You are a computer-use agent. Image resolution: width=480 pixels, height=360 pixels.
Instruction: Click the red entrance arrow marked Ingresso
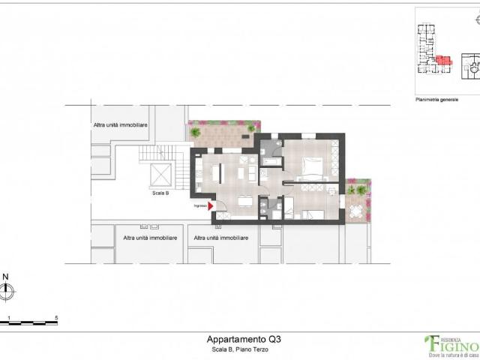click(211, 205)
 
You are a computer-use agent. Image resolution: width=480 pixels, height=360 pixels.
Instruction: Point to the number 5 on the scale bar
click(57, 318)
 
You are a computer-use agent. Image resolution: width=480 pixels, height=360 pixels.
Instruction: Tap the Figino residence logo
click(450, 344)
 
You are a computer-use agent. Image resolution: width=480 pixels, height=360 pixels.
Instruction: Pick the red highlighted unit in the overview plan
click(443, 61)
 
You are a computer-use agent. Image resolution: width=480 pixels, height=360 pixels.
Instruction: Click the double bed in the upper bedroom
click(312, 166)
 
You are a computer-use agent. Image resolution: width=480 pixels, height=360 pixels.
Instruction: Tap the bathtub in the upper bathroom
click(268, 160)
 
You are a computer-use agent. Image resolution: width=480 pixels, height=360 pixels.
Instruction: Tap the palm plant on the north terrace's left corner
click(195, 132)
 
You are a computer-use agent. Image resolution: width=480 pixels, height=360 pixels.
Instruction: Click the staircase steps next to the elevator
click(161, 154)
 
